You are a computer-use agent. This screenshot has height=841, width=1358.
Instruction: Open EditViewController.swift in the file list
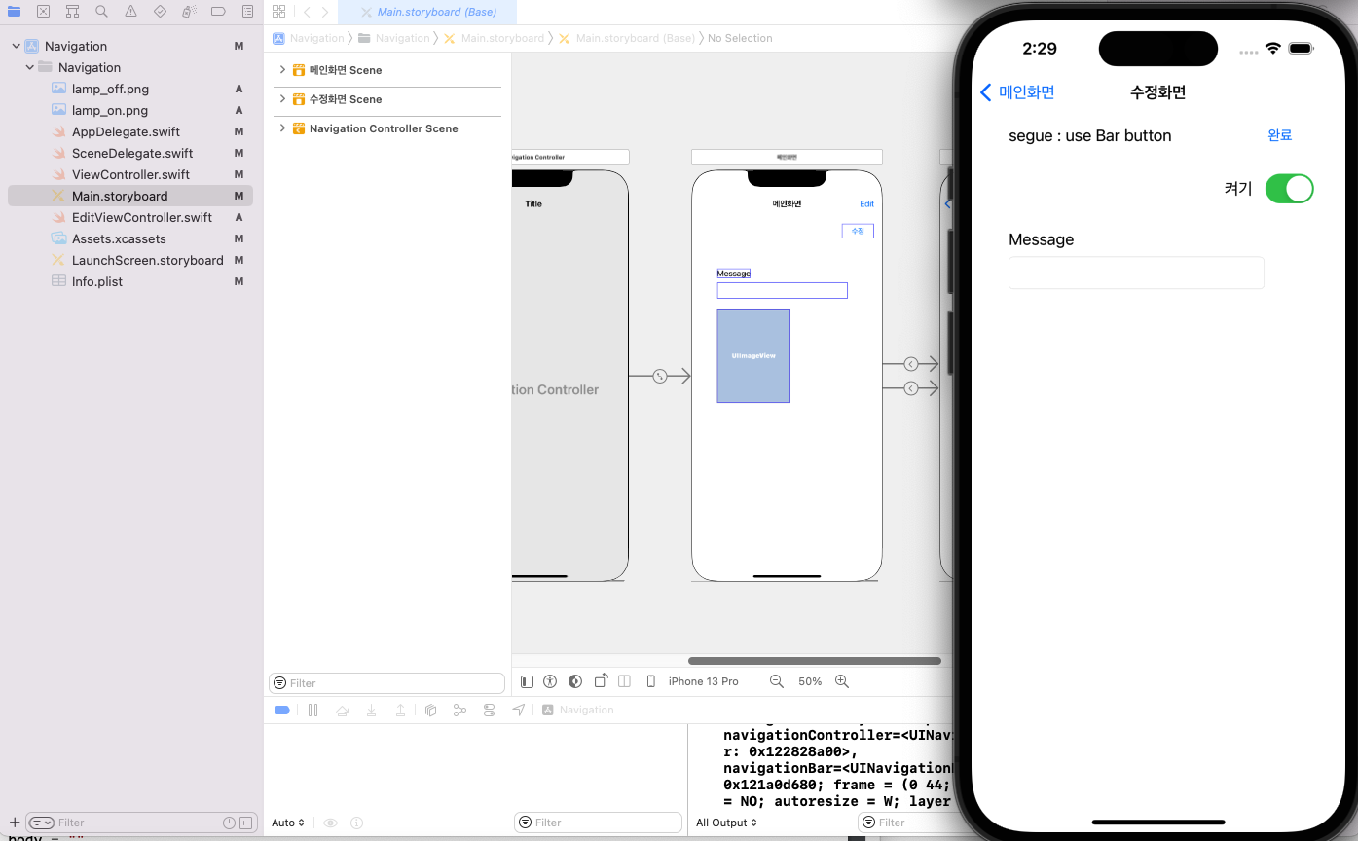click(x=141, y=217)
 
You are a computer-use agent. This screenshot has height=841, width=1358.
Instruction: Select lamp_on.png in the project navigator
click(x=109, y=110)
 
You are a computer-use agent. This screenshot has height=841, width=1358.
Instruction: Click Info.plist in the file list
click(x=96, y=281)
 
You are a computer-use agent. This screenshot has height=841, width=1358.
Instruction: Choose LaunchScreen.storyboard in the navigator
click(x=147, y=260)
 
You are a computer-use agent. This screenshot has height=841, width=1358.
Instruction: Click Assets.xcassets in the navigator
click(x=118, y=238)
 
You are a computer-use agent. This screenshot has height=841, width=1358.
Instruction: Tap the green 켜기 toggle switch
click(x=1289, y=189)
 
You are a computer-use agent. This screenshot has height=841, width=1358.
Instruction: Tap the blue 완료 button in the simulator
click(x=1279, y=135)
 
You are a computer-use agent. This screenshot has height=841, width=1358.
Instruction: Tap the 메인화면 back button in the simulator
click(x=1017, y=92)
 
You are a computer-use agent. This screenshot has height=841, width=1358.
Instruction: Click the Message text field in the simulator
click(x=1135, y=274)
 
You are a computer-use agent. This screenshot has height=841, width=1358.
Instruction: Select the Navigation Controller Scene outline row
click(x=383, y=128)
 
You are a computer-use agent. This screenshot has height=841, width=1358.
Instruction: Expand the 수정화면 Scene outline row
click(x=282, y=99)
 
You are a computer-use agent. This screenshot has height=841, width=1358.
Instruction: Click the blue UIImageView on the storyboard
click(x=753, y=355)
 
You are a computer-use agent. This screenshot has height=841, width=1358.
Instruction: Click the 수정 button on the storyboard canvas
click(x=858, y=231)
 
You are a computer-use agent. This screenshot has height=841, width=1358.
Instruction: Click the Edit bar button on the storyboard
click(x=866, y=204)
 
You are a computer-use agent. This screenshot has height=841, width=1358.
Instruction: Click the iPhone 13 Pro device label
click(x=703, y=681)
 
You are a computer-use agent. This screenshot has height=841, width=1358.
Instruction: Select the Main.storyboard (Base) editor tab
click(x=436, y=13)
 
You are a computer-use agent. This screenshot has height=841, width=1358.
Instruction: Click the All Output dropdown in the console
click(x=726, y=823)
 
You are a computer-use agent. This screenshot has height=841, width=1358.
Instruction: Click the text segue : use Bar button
click(x=1089, y=136)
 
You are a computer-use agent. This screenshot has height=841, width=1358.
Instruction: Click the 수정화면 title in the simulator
click(x=1157, y=92)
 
